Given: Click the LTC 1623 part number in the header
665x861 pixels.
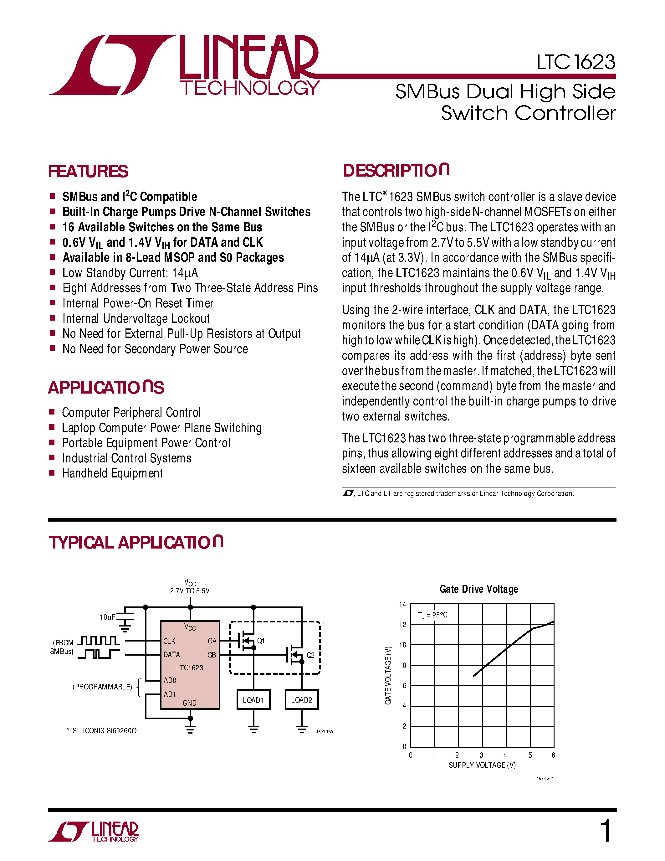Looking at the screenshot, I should pyautogui.click(x=575, y=62).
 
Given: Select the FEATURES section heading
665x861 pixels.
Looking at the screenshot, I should pyautogui.click(x=88, y=172).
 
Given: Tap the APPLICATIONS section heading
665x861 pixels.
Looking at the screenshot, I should pyautogui.click(x=106, y=388).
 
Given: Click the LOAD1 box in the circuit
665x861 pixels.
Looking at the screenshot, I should pyautogui.click(x=253, y=700).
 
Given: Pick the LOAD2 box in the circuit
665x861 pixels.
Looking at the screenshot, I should pyautogui.click(x=301, y=700).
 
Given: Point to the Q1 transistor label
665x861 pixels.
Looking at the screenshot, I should pyautogui.click(x=261, y=641).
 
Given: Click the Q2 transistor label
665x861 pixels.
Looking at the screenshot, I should pyautogui.click(x=310, y=655).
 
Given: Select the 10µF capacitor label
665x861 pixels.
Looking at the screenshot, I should pyautogui.click(x=107, y=617).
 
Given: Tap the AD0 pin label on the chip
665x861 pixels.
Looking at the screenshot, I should pyautogui.click(x=170, y=680).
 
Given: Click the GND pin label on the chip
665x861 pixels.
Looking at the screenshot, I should pyautogui.click(x=190, y=703).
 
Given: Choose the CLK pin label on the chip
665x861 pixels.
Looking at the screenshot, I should pyautogui.click(x=169, y=641).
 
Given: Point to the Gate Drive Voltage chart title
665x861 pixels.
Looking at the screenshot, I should pyautogui.click(x=479, y=589).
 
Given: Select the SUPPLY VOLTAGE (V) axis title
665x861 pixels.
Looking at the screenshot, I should pyautogui.click(x=482, y=765).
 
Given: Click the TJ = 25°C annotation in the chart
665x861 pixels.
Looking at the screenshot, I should pyautogui.click(x=432, y=615).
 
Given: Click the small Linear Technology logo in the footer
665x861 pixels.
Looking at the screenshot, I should pyautogui.click(x=94, y=832).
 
